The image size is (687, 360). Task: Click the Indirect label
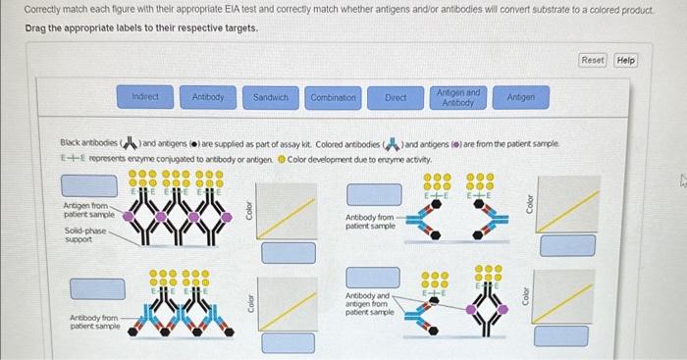145,97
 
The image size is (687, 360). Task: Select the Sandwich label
271,97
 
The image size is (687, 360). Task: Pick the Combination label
334,97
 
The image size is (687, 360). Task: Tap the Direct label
396,97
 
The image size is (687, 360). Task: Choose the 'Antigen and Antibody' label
458,97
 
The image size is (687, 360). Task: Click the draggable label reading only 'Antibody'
208,97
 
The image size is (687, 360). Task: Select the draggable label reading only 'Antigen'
520,97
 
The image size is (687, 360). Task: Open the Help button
625,60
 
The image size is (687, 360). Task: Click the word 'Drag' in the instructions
36,27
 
